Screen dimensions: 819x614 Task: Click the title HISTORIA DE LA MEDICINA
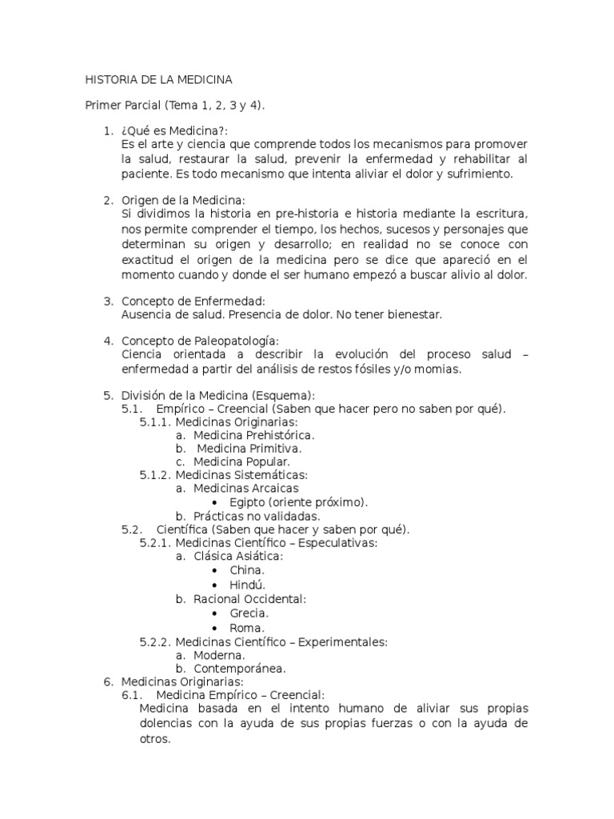[x=158, y=80]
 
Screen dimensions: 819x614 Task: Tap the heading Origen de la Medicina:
[x=183, y=199]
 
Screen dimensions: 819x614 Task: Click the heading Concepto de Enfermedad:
[x=190, y=301]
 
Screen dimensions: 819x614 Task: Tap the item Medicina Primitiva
[x=249, y=448]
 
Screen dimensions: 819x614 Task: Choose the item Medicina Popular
[x=241, y=461]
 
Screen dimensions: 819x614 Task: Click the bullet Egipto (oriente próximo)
[x=298, y=502]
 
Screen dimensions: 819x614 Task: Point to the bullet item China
[x=247, y=570]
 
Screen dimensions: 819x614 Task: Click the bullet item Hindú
[x=247, y=584]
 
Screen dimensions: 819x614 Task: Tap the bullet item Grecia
[x=249, y=613]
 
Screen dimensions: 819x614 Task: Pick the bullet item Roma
[x=246, y=628]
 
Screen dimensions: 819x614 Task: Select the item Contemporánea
[x=239, y=669]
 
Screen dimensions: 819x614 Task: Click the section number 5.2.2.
[x=155, y=641]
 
